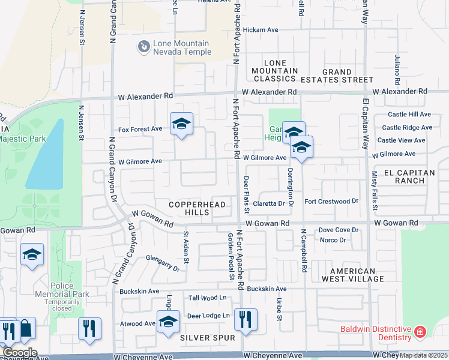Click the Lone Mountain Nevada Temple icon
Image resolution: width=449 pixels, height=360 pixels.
pos(143,47)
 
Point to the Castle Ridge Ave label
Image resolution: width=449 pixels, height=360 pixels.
pos(407,127)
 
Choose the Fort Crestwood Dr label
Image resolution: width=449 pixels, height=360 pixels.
pos(331,202)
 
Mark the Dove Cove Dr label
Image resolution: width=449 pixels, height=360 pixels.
pos(338,230)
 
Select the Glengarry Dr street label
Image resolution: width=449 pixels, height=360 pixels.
pos(163,263)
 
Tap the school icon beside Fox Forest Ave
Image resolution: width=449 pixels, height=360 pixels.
pos(181,124)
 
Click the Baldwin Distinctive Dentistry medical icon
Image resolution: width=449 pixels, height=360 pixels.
pos(420,331)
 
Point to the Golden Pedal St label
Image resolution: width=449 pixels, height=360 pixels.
pos(231,265)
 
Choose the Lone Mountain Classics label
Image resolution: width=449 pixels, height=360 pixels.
pos(275,71)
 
